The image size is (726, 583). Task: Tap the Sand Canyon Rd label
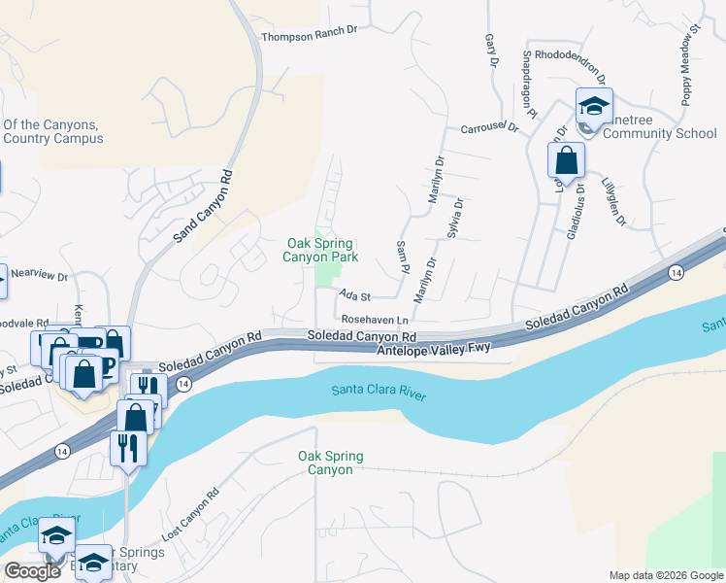(x=204, y=207)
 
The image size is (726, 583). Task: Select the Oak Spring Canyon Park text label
(x=320, y=250)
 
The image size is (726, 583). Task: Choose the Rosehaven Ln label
(x=377, y=319)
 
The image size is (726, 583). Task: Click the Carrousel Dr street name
(x=492, y=128)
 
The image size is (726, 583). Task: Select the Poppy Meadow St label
(x=689, y=66)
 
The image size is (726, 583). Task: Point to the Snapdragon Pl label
(x=529, y=84)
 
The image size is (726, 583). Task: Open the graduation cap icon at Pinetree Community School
(x=594, y=106)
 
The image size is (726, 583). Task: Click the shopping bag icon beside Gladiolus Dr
(x=567, y=160)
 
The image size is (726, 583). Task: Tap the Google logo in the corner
(x=32, y=571)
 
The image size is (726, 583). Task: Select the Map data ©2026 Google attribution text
(x=665, y=575)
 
